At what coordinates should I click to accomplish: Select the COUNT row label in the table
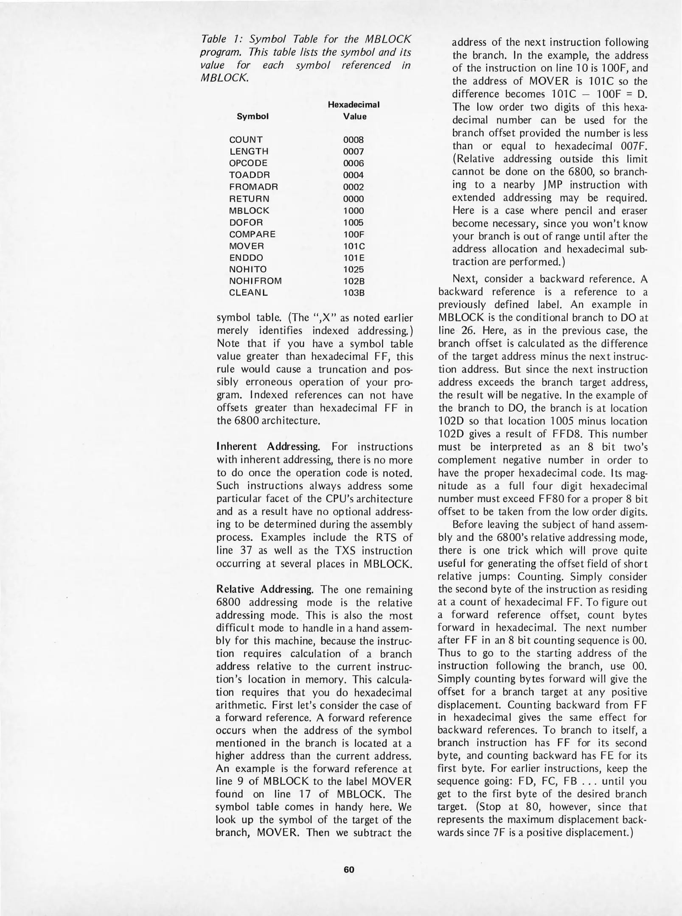point(246,140)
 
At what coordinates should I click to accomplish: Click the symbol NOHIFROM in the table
point(255,281)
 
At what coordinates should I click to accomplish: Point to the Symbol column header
point(253,117)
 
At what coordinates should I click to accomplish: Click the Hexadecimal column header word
point(353,104)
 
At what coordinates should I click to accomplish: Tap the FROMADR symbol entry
point(253,187)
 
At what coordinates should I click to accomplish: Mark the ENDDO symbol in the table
point(246,257)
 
